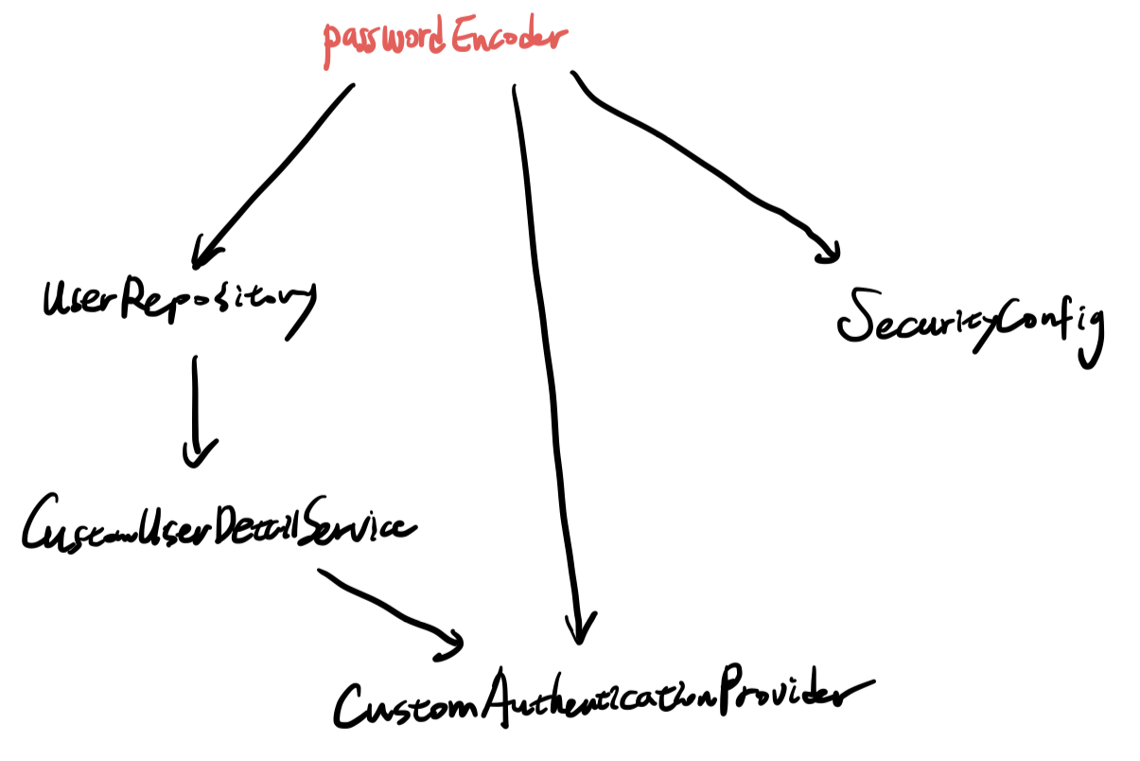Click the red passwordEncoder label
(x=445, y=41)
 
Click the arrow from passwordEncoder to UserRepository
(x=274, y=170)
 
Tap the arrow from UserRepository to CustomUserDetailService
(x=196, y=402)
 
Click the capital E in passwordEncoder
(x=464, y=38)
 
